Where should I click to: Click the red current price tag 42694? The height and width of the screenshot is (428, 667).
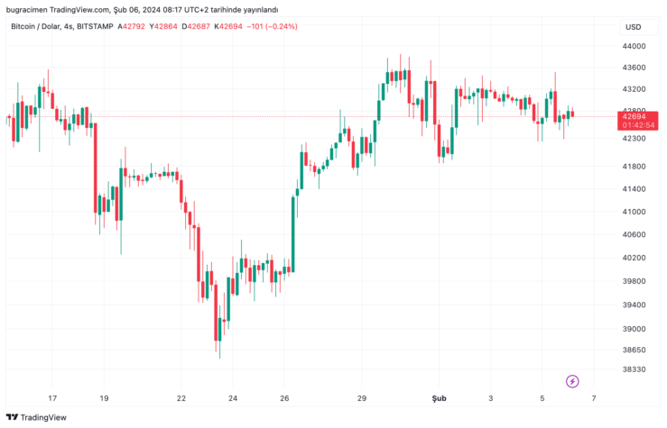tap(633, 116)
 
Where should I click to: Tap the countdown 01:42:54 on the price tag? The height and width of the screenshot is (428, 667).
tap(633, 125)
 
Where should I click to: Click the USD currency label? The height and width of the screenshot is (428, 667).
tap(633, 26)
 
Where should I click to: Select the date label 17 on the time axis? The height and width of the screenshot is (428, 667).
tap(52, 397)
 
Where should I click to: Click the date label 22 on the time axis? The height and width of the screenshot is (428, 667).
tap(181, 397)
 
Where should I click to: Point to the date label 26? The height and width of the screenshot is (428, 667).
tap(284, 397)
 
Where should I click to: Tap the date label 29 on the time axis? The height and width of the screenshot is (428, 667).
tap(362, 397)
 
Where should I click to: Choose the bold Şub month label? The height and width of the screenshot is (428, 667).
tap(440, 397)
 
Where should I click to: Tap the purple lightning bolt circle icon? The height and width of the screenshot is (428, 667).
tap(571, 381)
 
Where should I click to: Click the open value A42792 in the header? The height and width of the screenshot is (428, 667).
tap(132, 26)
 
